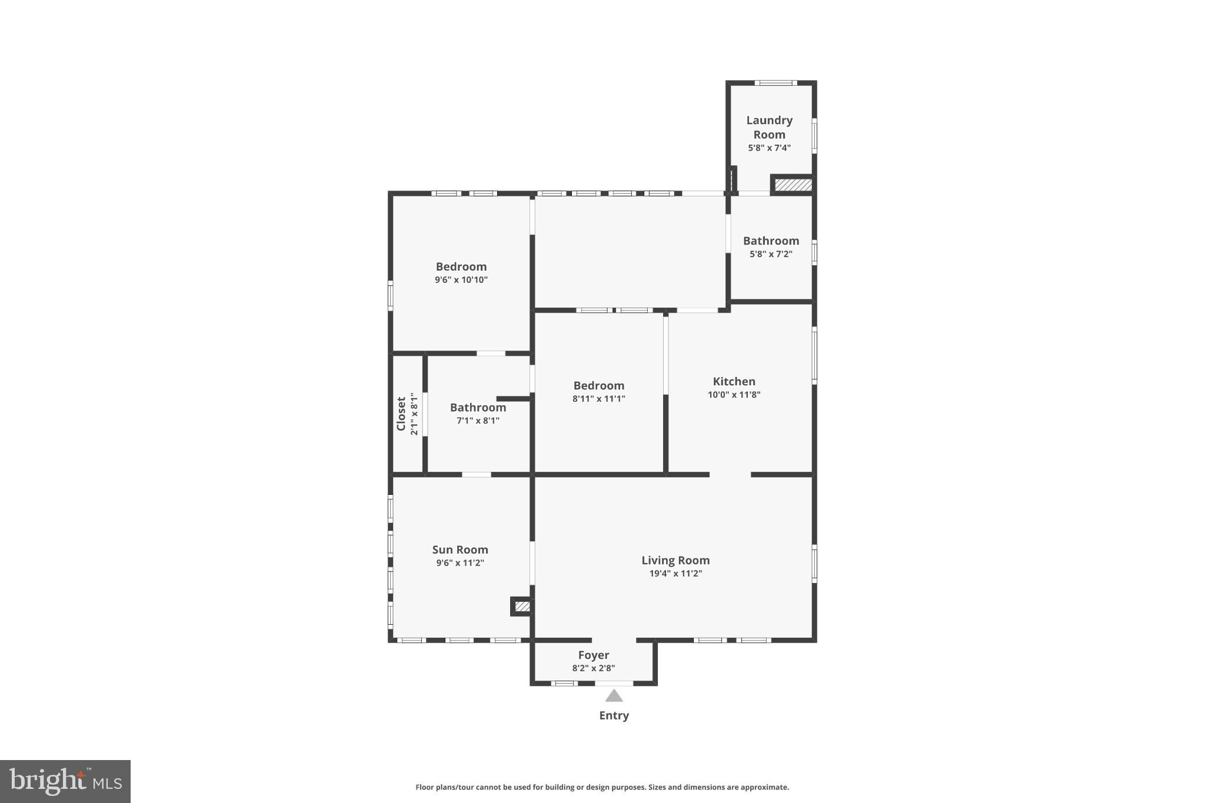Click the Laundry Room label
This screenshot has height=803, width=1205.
[x=769, y=127]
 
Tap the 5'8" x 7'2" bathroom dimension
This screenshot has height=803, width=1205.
[x=771, y=254]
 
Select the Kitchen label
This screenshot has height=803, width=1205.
[x=734, y=381]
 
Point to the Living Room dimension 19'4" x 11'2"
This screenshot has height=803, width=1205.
[x=675, y=574]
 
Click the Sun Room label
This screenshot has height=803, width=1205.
[x=460, y=549]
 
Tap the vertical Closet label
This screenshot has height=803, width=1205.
[x=401, y=414]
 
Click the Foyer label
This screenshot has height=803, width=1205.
[x=593, y=655]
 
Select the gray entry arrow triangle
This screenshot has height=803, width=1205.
[x=614, y=697]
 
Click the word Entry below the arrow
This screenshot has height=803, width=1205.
[x=614, y=715]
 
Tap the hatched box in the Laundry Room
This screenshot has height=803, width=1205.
[x=793, y=185]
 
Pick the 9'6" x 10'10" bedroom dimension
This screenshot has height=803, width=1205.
[x=461, y=280]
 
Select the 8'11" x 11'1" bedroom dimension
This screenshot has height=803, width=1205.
[x=598, y=399]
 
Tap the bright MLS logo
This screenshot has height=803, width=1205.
[x=65, y=781]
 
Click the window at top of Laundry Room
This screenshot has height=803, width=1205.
[x=775, y=83]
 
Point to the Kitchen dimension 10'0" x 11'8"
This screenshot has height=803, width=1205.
[x=734, y=395]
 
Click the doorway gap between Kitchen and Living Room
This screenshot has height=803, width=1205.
[x=730, y=474]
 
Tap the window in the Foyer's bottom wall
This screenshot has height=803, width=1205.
[x=564, y=684]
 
